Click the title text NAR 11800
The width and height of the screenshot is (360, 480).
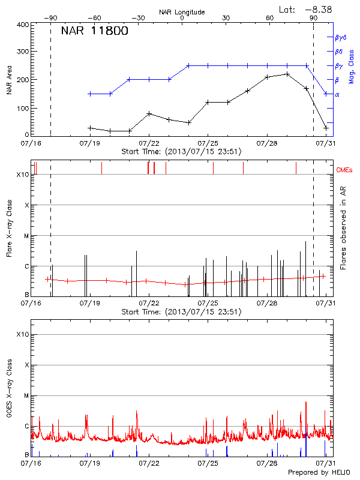(94, 32)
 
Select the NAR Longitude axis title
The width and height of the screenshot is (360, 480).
(182, 12)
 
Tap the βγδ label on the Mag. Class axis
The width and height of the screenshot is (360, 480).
(341, 37)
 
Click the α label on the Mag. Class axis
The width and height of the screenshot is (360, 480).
(337, 94)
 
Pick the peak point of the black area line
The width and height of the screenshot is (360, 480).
(287, 74)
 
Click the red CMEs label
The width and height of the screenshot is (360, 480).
(345, 170)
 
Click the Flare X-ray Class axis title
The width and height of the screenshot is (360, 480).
(10, 227)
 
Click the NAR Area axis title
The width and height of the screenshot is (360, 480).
(10, 80)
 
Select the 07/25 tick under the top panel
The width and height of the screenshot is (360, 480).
(208, 144)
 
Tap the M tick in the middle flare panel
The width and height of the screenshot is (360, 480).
(25, 236)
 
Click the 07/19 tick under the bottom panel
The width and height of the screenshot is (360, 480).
(89, 463)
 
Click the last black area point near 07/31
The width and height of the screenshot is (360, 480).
(326, 128)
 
